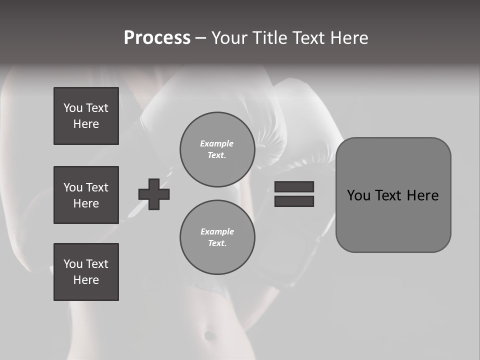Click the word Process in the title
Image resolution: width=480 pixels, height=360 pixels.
point(157,38)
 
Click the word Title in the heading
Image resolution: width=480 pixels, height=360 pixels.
point(269,38)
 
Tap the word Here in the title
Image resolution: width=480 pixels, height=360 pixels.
point(348,38)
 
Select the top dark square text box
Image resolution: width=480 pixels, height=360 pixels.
point(86,116)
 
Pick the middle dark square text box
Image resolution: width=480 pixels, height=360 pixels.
point(86,195)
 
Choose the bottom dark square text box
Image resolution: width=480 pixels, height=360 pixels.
point(86,272)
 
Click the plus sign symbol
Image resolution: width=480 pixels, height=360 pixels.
point(154,194)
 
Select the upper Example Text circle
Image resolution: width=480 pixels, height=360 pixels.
point(217,149)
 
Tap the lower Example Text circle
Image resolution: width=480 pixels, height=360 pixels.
point(217,237)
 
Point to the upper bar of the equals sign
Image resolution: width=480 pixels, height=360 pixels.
point(294,186)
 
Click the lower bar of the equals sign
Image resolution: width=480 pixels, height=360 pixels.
point(294,201)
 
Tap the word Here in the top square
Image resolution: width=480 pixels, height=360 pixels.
point(86,124)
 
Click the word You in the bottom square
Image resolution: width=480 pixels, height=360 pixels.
point(73,264)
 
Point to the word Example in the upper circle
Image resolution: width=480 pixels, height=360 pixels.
point(217,143)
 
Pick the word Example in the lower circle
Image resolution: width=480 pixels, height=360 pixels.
point(217,231)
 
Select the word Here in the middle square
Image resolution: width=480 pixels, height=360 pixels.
point(86,203)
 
